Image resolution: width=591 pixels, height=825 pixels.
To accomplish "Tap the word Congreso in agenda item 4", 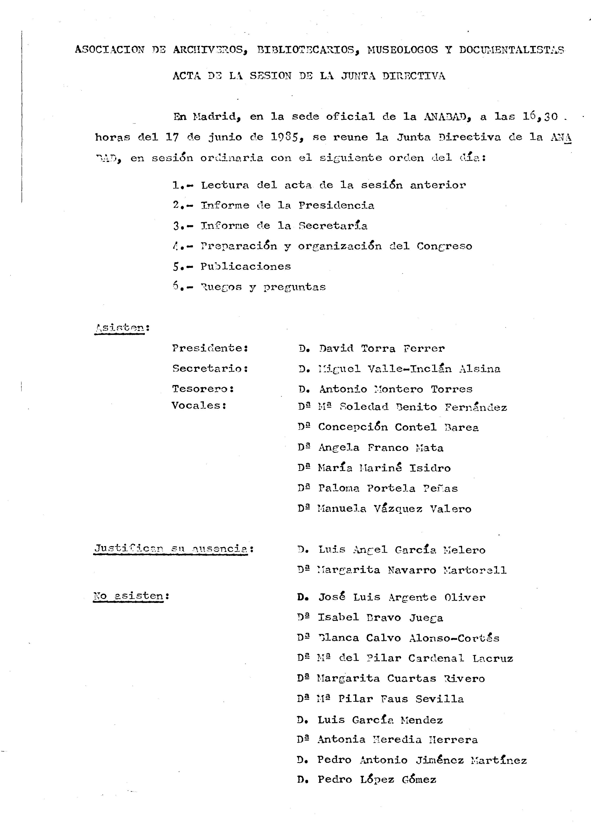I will (444, 246).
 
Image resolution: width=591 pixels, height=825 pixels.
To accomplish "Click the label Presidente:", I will (210, 348).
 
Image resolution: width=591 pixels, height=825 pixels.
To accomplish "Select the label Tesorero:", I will (203, 389).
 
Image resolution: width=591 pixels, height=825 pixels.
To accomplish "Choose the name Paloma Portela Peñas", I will (388, 488).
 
